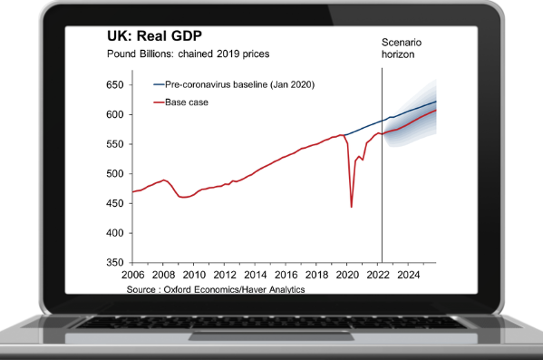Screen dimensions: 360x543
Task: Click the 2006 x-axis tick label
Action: tap(132, 274)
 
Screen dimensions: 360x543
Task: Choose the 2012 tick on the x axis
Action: tap(225, 274)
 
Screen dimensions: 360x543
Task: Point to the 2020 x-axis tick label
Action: tap(348, 274)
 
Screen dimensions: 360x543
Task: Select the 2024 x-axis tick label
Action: tap(410, 274)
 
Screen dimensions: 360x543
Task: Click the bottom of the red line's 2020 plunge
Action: tap(352, 207)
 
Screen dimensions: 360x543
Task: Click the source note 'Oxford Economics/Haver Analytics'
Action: tap(217, 288)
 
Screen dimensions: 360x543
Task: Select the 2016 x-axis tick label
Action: tap(286, 274)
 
